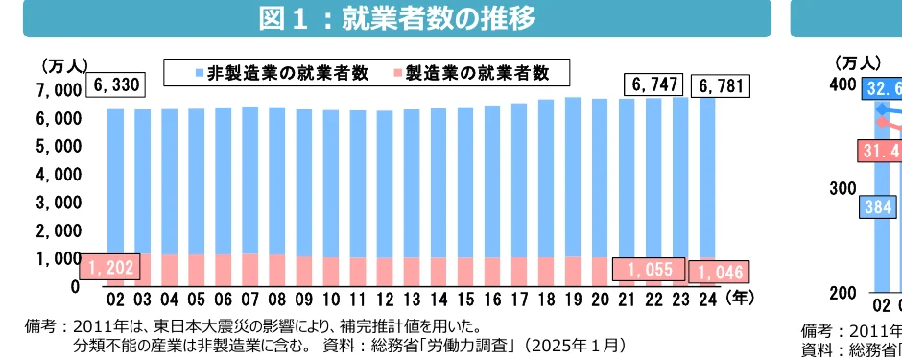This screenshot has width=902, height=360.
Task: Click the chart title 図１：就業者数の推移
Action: [x=396, y=17]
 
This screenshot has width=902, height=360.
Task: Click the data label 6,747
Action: [x=656, y=85]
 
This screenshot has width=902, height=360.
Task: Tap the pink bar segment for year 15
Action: [x=465, y=271]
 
